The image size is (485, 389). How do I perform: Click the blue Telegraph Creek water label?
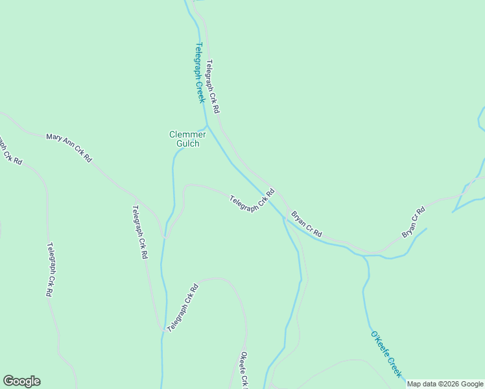(200, 73)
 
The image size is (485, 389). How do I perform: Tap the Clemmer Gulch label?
(187, 139)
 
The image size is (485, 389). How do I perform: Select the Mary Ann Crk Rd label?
(69, 147)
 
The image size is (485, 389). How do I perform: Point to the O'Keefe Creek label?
(386, 355)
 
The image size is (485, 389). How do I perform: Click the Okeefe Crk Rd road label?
(244, 370)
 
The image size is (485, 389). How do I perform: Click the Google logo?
(21, 381)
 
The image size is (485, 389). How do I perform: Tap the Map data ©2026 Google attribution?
(445, 384)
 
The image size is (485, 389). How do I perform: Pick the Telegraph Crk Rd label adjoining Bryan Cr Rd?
(253, 199)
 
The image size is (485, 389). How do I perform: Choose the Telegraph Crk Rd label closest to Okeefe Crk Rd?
(182, 308)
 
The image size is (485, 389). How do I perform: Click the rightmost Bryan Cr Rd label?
(413, 222)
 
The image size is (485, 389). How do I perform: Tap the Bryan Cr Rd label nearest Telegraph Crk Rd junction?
(306, 224)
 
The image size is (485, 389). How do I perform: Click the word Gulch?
(187, 144)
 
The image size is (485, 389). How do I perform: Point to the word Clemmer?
(187, 134)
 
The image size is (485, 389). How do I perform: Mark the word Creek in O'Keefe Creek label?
(394, 366)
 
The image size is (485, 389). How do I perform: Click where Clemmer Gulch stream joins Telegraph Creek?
(207, 125)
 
